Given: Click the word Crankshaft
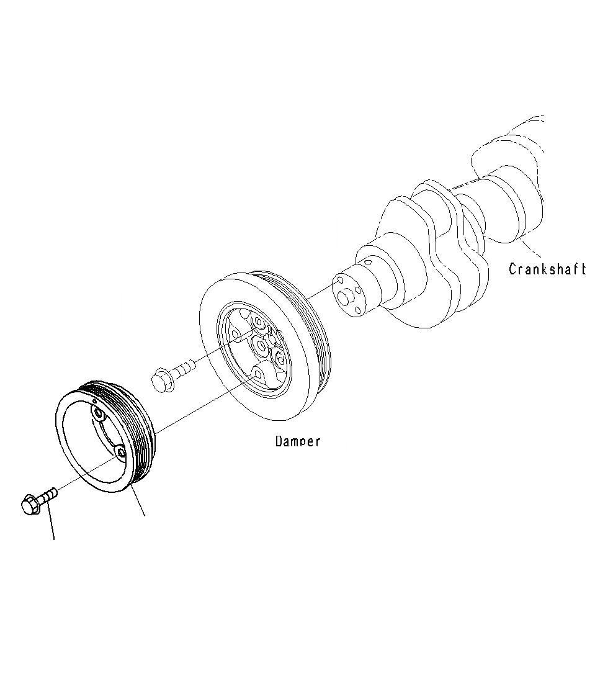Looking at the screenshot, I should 547,269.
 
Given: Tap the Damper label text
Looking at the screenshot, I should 298,441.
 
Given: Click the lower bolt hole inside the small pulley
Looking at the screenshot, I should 122,453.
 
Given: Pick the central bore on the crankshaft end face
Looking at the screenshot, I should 346,297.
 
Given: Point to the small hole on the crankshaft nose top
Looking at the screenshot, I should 368,263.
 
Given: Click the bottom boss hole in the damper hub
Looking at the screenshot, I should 257,372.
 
